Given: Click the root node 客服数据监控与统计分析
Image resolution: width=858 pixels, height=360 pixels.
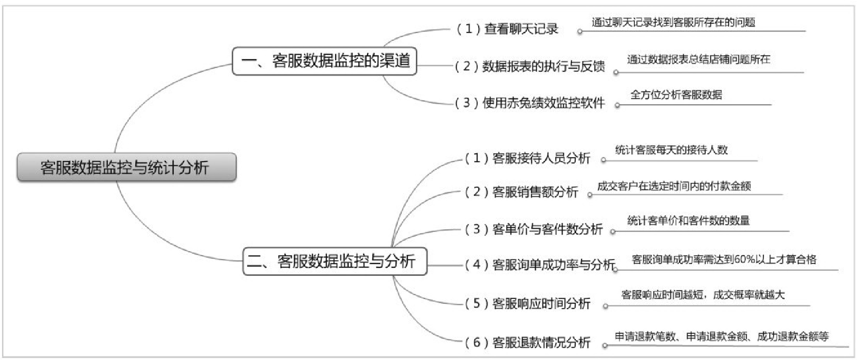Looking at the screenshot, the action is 126,167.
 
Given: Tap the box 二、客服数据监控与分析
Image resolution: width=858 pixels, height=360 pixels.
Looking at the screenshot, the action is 334,262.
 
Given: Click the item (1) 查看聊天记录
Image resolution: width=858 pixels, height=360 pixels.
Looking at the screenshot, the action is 507,29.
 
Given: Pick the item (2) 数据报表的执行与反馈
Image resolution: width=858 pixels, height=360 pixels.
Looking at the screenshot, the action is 530,66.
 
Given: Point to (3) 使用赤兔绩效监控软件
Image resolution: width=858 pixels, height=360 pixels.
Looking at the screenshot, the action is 530,103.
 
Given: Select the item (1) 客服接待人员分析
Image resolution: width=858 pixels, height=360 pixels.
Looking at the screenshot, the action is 528,158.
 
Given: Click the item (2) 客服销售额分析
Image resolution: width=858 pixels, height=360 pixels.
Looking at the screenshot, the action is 521,192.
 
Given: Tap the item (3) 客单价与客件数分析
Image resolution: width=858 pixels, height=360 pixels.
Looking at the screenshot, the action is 534,229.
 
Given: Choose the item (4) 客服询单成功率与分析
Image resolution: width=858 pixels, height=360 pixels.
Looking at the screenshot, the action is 539,265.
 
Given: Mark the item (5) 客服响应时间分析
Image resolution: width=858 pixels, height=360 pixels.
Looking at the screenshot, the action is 528,304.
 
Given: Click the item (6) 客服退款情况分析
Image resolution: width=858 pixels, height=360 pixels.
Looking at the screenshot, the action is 528,343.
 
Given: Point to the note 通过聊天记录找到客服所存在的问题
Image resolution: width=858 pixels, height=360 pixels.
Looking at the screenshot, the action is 673,22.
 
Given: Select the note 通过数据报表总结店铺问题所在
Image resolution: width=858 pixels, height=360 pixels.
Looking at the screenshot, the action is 698,60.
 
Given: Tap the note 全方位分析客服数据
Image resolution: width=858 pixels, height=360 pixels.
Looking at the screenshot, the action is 676,95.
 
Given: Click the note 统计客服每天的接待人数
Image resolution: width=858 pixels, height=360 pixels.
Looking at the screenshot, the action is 671,150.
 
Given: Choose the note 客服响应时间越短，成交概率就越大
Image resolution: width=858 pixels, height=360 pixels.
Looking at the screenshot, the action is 703,295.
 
